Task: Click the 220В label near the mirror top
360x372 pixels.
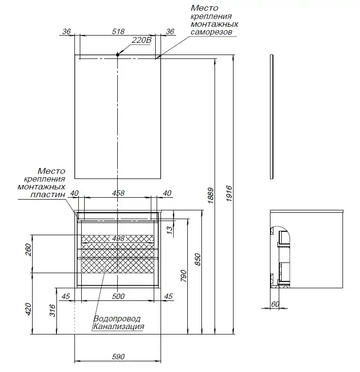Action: tap(142, 41)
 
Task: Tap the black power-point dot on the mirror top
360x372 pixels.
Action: tap(118, 55)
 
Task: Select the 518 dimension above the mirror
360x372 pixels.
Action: tap(118, 31)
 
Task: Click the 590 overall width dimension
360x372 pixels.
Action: tap(118, 356)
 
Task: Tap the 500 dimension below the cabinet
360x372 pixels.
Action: tap(118, 296)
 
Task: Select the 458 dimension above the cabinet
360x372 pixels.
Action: tap(118, 193)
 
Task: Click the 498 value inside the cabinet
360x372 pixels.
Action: tap(118, 239)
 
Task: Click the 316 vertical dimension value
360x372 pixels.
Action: tap(53, 310)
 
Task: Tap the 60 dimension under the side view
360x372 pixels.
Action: tap(276, 304)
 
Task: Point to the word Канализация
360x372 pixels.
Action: tap(118, 327)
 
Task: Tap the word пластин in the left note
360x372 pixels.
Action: tap(49, 194)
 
